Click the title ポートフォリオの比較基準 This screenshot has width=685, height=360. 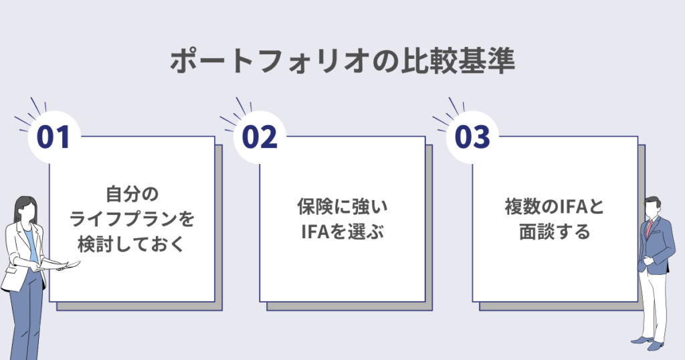click(342, 62)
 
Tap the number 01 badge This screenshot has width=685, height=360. click(54, 137)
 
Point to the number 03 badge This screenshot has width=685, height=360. click(472, 137)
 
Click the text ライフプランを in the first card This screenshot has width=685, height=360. click(136, 219)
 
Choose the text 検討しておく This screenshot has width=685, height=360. click(136, 245)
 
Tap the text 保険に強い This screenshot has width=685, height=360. click(342, 207)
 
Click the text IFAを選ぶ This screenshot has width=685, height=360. click(342, 233)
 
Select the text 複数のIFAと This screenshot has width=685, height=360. click(554, 207)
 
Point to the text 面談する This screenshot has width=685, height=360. click(554, 233)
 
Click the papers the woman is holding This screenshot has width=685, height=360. click(68, 266)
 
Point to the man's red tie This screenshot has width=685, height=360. click(648, 228)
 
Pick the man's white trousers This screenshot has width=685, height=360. click(653, 301)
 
